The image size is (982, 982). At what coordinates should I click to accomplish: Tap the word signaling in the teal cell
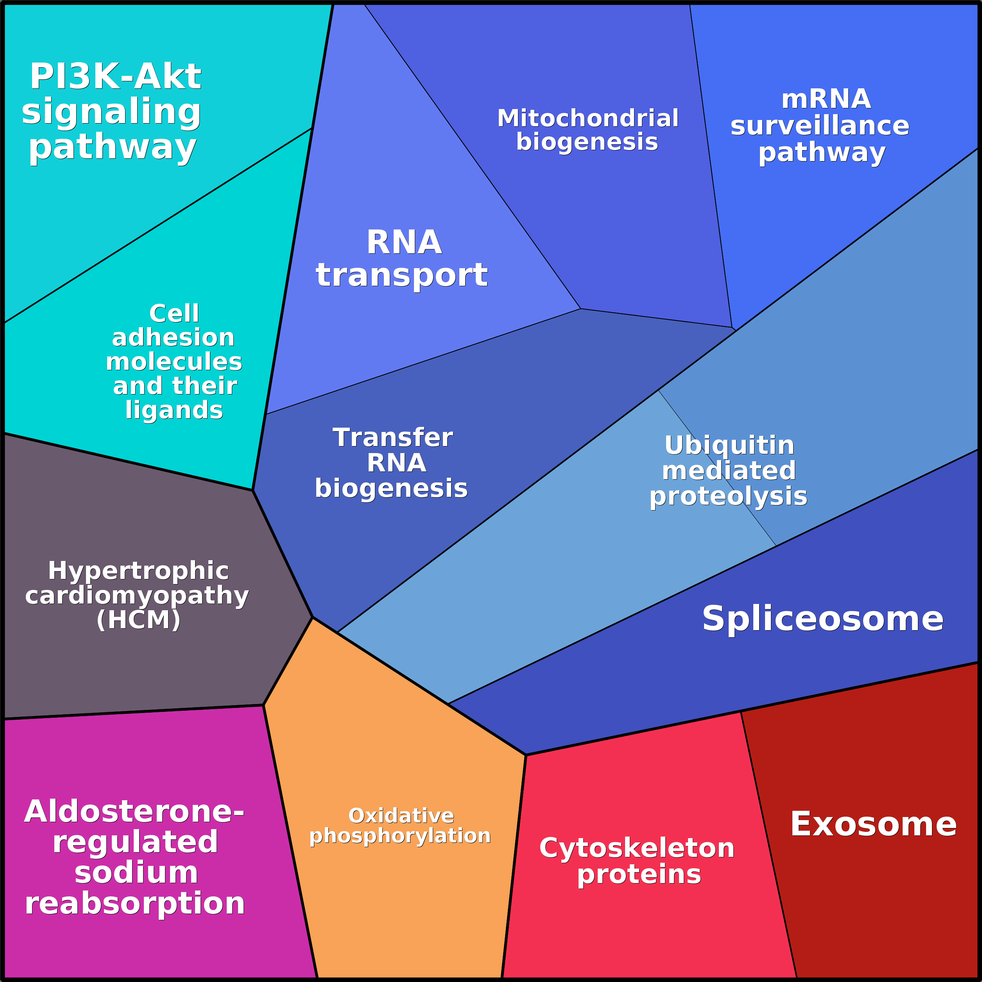click(x=111, y=111)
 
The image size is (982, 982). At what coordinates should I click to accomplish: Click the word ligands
click(x=174, y=410)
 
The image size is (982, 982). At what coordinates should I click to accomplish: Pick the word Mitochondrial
click(x=588, y=118)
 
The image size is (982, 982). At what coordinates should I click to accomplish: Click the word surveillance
click(x=819, y=125)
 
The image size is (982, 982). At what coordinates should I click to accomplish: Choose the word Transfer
click(x=392, y=437)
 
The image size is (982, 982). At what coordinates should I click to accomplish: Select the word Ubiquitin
click(x=729, y=446)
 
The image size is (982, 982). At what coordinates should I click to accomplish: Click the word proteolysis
click(x=728, y=496)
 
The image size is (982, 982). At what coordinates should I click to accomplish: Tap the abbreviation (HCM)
click(x=138, y=620)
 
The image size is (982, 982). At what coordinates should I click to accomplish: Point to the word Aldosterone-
click(x=134, y=812)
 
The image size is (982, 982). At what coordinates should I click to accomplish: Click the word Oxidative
click(x=401, y=816)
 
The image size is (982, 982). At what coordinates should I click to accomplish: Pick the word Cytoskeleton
click(x=637, y=848)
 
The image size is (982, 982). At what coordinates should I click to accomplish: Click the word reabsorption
click(x=135, y=904)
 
